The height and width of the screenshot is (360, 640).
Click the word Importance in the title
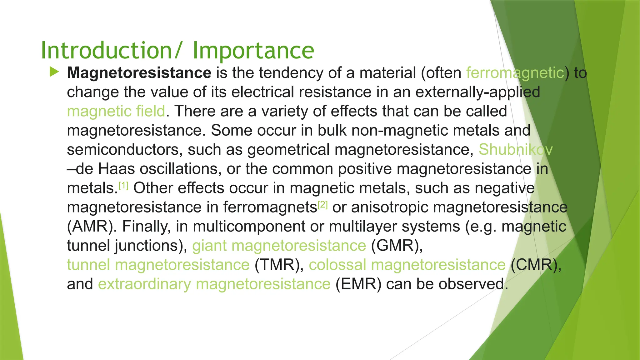click(253, 51)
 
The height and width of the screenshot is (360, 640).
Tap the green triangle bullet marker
click(54, 72)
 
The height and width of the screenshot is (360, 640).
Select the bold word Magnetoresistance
click(139, 73)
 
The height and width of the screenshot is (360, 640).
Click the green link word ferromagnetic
click(515, 73)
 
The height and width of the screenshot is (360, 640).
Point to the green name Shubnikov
click(515, 150)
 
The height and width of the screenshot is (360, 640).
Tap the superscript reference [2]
click(322, 205)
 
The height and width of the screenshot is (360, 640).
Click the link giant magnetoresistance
click(279, 246)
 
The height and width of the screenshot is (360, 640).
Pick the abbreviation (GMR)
click(397, 246)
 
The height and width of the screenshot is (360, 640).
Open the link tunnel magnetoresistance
click(158, 265)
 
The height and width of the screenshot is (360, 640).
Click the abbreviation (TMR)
click(279, 265)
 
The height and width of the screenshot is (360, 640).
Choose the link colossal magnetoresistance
click(407, 265)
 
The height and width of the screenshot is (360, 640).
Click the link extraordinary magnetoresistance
click(214, 284)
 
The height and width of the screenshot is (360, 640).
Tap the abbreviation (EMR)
click(358, 284)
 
